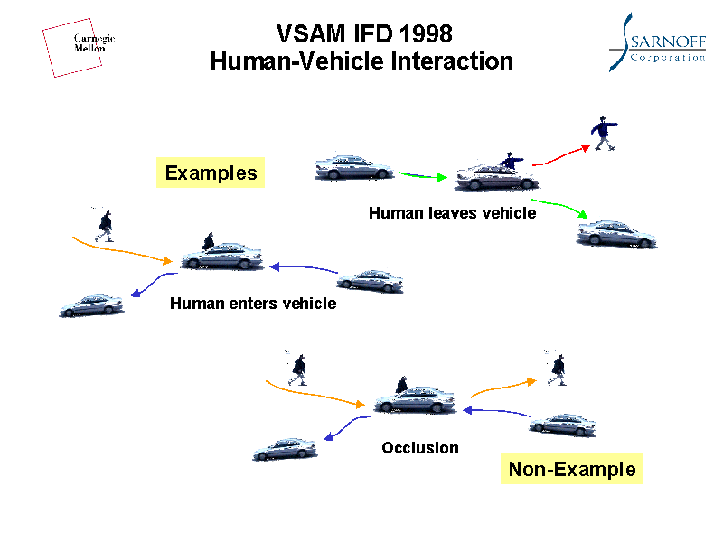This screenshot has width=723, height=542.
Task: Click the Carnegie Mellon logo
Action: (x=80, y=45)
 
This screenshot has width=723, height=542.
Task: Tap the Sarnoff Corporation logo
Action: (x=656, y=42)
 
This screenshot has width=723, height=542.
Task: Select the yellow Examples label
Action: (x=211, y=173)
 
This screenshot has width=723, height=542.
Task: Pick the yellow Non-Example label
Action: (x=571, y=469)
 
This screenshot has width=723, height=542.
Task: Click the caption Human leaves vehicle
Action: (x=452, y=213)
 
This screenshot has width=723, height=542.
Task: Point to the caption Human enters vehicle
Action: (x=253, y=304)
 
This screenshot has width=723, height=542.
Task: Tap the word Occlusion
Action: (x=420, y=448)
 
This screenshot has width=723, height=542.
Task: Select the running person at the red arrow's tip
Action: (x=604, y=134)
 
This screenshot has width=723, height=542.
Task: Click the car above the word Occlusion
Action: (x=417, y=397)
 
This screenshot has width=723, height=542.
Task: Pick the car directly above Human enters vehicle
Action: (x=222, y=256)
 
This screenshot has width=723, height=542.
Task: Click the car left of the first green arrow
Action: (x=353, y=167)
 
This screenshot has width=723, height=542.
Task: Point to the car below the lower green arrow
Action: (x=616, y=234)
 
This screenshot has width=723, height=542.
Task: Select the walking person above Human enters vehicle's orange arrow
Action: (x=105, y=225)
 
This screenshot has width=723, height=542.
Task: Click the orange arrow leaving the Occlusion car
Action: (x=502, y=388)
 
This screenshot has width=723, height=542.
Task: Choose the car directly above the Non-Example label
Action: (x=562, y=424)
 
